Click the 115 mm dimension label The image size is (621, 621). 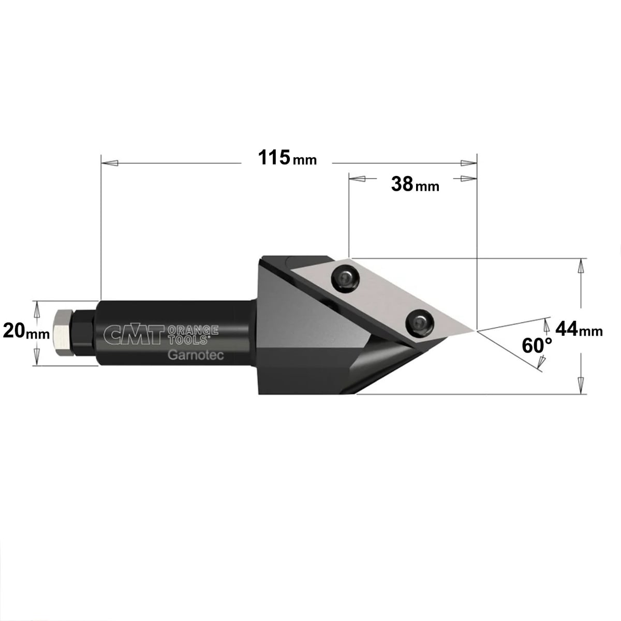(x=287, y=158)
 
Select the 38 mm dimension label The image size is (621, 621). (x=415, y=184)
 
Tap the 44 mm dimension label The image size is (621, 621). (x=579, y=329)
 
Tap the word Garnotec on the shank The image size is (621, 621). (x=196, y=355)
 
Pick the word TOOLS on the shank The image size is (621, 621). (x=188, y=339)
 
